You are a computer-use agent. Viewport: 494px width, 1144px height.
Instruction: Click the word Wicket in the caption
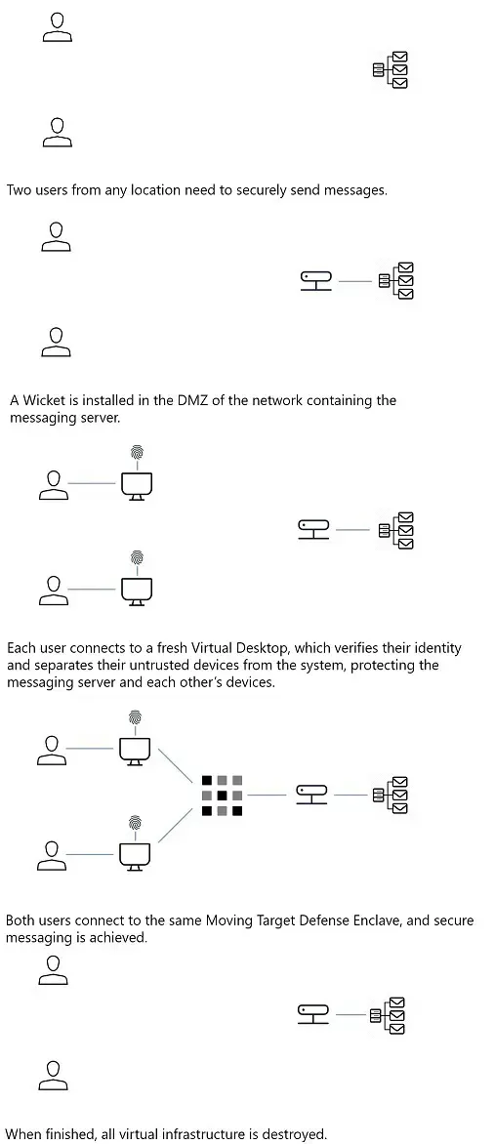tap(42, 400)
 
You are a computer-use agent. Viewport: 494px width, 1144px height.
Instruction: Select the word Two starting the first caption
tap(19, 190)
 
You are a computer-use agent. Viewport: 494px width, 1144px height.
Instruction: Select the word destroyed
tap(298, 1134)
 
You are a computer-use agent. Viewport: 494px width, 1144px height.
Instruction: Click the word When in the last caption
tap(22, 1134)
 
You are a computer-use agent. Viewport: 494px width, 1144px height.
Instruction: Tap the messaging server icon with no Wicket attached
tap(391, 70)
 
